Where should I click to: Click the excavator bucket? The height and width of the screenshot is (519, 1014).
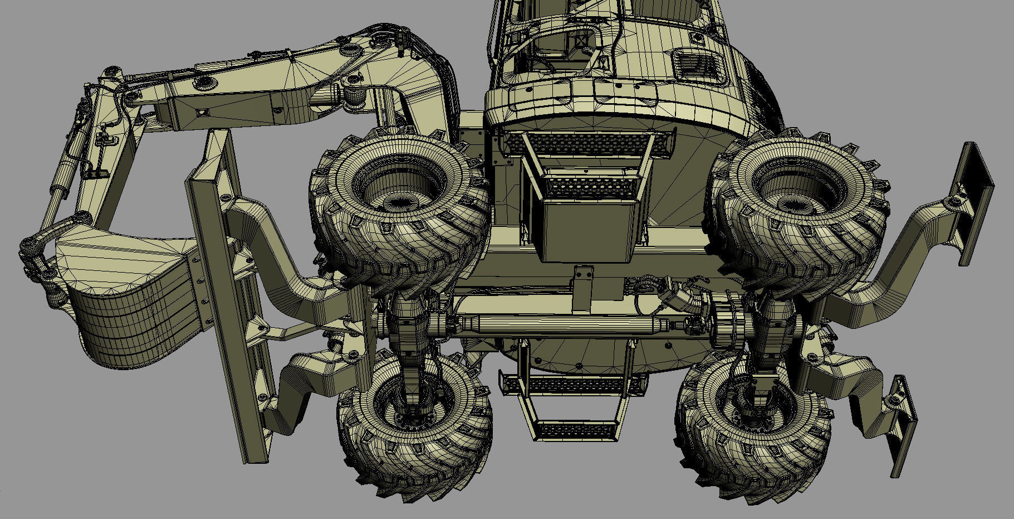(x=128, y=301)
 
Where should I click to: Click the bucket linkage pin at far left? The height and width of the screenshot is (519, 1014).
(x=28, y=245)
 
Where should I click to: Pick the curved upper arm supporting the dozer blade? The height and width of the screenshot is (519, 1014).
(x=278, y=245)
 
